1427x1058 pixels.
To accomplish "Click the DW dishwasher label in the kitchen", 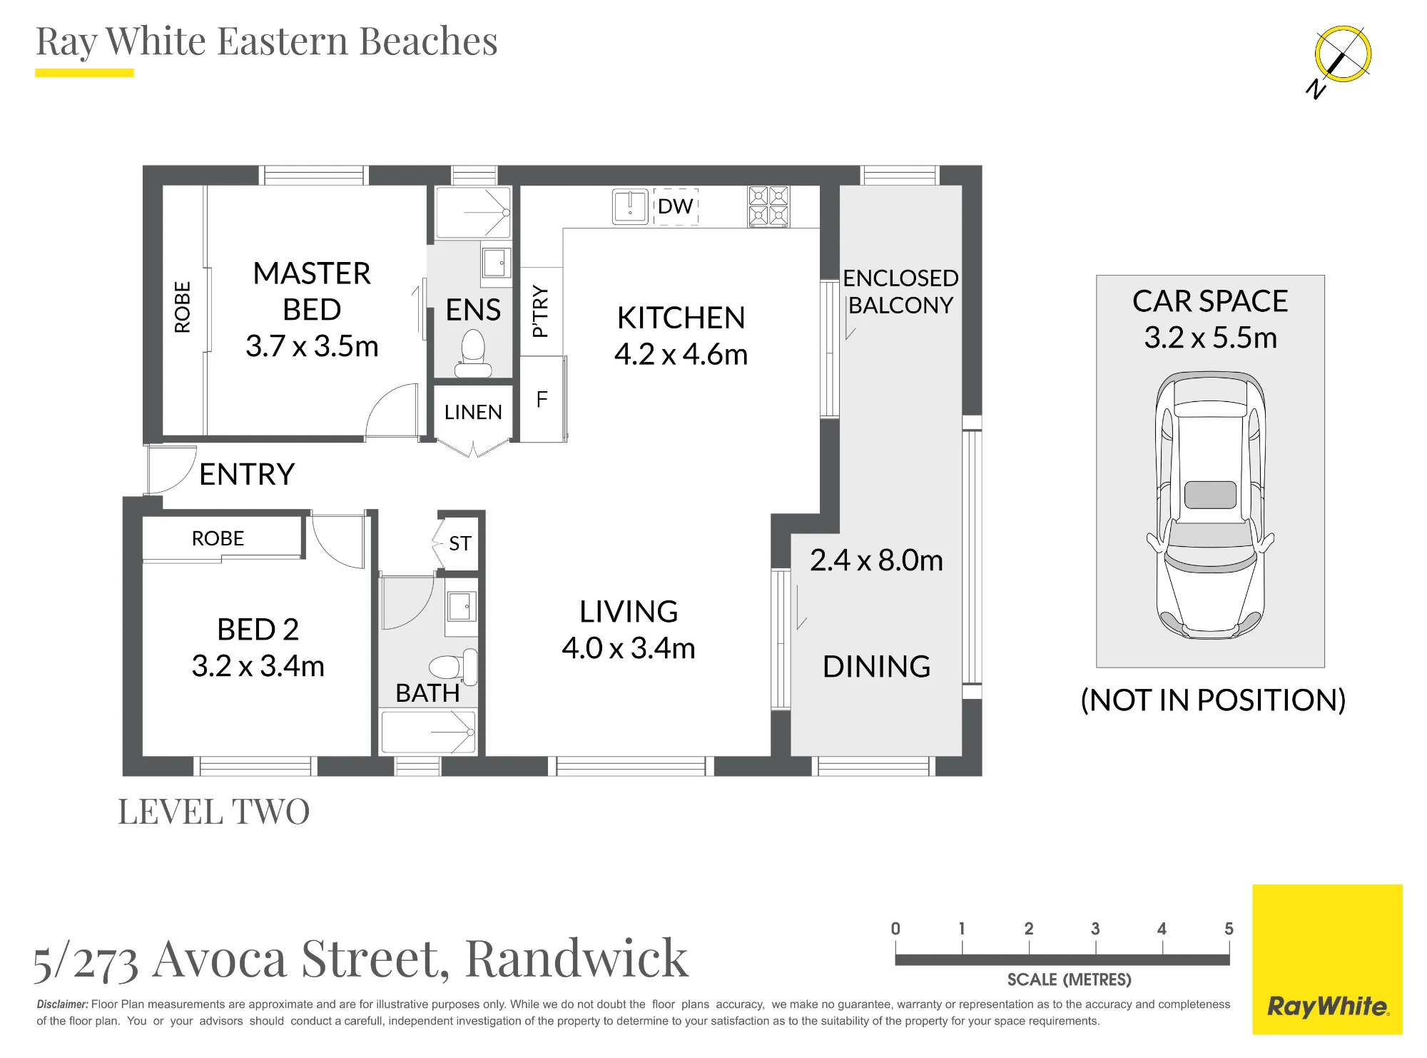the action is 675,206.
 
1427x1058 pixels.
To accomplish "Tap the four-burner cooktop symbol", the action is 768,206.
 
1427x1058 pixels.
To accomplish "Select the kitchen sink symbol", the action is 630,206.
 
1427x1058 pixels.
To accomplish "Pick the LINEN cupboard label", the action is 473,412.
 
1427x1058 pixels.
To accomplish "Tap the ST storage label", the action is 460,543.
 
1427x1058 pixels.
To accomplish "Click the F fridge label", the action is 542,399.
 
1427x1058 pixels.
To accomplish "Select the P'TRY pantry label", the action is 540,311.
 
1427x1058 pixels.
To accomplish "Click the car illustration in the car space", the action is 1210,505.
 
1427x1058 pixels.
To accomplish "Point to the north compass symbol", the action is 1340,60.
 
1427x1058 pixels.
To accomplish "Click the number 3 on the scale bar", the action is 1095,929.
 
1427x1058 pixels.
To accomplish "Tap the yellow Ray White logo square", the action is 1327,959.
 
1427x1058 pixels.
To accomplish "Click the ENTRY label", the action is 247,474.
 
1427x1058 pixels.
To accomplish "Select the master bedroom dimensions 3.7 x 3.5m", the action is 312,346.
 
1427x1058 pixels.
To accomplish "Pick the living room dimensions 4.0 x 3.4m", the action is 629,648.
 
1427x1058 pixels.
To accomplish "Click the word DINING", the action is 876,667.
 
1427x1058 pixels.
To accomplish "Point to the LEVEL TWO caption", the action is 214,812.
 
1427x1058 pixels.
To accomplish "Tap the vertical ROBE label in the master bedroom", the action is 183,307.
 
